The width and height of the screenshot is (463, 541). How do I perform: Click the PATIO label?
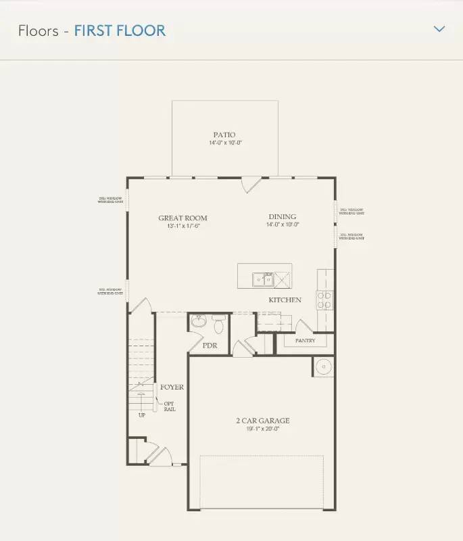224,135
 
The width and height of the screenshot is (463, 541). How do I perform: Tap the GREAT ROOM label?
182,218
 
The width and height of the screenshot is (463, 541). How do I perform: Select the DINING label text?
282,217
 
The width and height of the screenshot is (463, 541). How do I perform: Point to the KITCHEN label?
285,300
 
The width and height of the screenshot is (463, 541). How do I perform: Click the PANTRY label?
305,341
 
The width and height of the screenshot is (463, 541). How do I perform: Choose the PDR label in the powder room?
210,346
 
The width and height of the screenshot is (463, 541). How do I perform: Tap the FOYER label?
172,387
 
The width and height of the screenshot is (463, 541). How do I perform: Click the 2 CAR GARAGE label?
262,421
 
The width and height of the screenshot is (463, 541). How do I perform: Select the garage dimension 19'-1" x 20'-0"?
262,428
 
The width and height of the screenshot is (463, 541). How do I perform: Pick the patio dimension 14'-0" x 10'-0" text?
224,143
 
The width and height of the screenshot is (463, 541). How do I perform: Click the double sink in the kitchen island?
263,279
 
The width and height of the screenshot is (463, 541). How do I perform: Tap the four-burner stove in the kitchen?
325,300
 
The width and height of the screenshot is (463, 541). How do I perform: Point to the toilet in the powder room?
218,326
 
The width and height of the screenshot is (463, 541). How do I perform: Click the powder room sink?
197,322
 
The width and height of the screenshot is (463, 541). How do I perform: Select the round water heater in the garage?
323,366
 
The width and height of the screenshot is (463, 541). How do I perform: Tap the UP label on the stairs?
141,415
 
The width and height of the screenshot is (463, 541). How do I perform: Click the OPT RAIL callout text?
169,406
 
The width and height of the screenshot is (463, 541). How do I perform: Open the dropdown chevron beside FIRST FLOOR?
439,29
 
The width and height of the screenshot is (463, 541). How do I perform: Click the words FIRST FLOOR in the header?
120,30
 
